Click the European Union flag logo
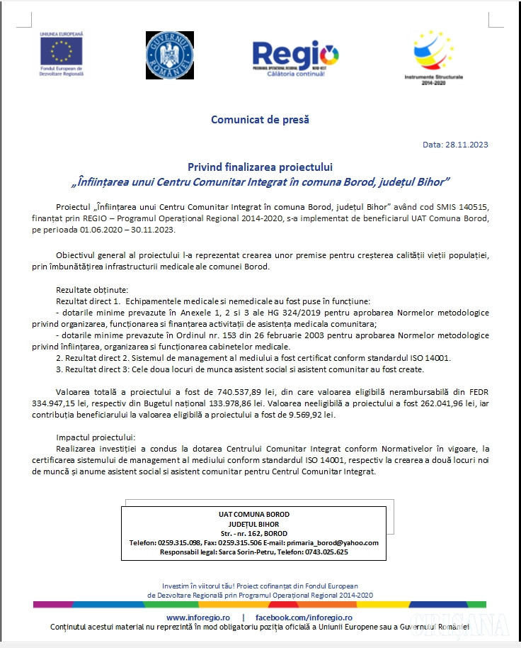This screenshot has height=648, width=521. click(x=62, y=50)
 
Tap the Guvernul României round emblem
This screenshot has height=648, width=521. click(x=169, y=55)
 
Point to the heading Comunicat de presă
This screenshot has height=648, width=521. click(x=260, y=119)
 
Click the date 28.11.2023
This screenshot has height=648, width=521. click(x=466, y=145)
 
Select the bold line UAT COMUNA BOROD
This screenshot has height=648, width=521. click(x=253, y=515)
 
